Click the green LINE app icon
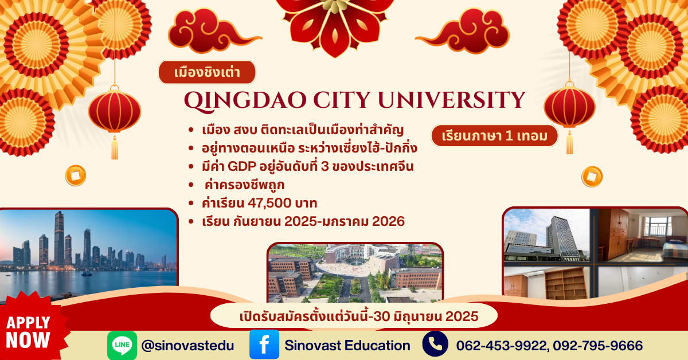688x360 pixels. pyautogui.click(x=122, y=346)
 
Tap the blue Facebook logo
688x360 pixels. pyautogui.click(x=264, y=345)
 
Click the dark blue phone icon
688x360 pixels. pyautogui.click(x=435, y=344)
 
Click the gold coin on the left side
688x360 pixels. pyautogui.click(x=76, y=175)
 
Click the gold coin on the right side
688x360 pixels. pyautogui.click(x=592, y=177)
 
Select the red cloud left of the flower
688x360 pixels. pyautogui.click(x=212, y=31)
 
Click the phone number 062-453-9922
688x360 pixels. pyautogui.click(x=502, y=346)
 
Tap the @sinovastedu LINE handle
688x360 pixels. pyautogui.click(x=187, y=346)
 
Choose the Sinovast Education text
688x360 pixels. pyautogui.click(x=347, y=345)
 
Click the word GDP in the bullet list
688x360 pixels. pyautogui.click(x=242, y=166)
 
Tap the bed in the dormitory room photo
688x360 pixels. pyautogui.click(x=674, y=251)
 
